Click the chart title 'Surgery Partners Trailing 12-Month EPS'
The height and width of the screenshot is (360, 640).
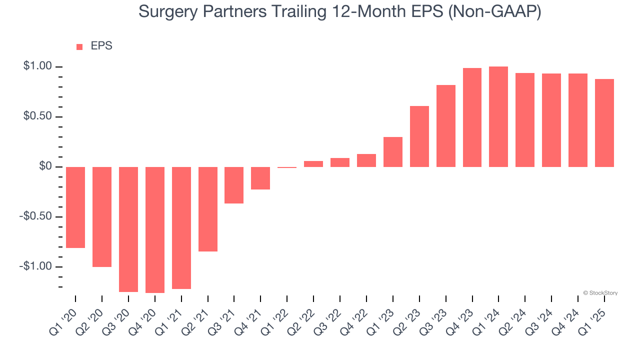(339, 12)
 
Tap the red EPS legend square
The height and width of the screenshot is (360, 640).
(79, 46)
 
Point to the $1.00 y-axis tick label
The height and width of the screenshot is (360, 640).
(37, 66)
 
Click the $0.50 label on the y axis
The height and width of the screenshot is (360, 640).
(37, 116)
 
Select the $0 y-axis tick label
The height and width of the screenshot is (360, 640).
(45, 166)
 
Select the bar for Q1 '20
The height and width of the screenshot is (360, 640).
(75, 207)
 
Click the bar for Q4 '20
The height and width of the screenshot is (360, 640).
(155, 229)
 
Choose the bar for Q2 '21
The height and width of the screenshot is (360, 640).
(208, 209)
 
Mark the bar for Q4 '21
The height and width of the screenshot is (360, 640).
(260, 178)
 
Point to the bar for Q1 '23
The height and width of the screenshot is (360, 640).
(393, 152)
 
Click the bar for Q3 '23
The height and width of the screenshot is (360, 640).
(446, 126)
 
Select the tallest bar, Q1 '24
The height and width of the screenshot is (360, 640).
(498, 116)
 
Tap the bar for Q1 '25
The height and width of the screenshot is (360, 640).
(604, 123)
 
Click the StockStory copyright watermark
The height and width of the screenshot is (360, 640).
(600, 293)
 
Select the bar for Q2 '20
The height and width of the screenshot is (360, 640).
(102, 216)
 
